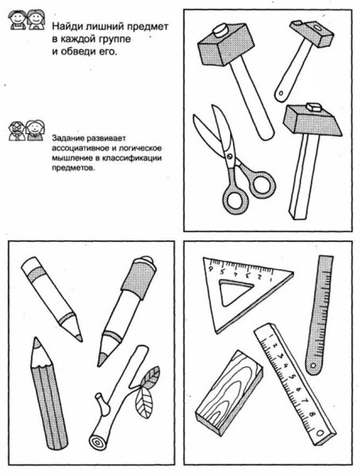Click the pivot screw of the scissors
click(229, 156)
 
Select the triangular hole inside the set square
click(235, 291)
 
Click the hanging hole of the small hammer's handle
click(281, 93)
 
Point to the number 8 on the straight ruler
click(312, 413)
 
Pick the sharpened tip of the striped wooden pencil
click(36, 342)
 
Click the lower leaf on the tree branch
click(143, 402)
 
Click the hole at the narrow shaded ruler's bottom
click(312, 366)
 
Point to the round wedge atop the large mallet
click(221, 30)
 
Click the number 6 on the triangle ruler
click(210, 269)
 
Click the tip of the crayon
click(79, 337)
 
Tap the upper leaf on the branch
click(151, 377)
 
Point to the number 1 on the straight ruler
click(270, 336)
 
